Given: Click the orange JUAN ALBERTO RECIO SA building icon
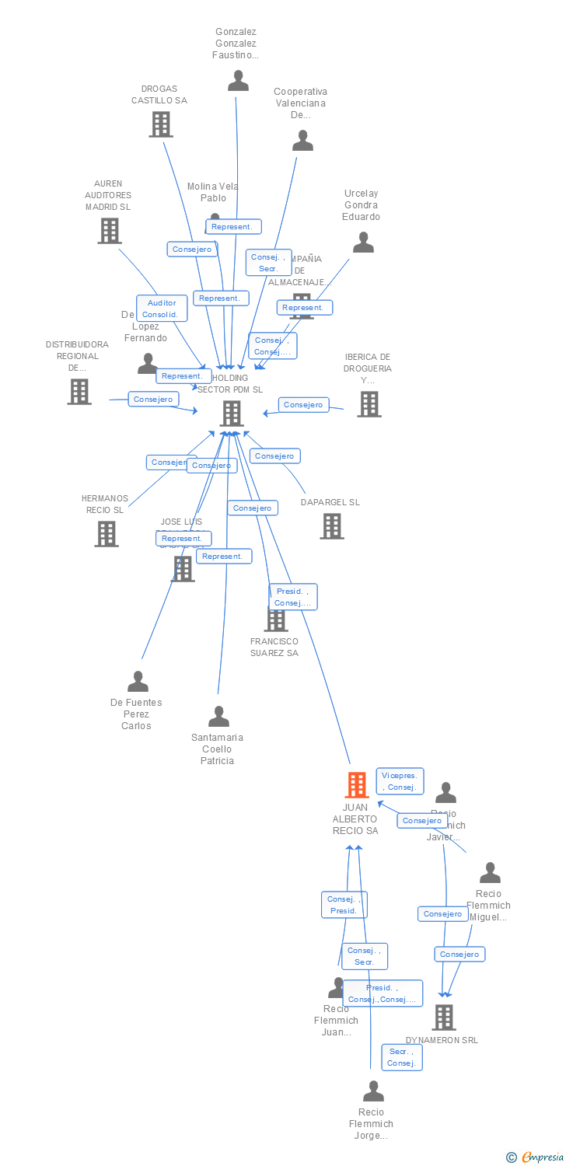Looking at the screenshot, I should [356, 785].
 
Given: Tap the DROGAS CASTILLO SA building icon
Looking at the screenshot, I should [161, 124].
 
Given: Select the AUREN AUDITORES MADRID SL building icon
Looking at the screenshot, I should [110, 231].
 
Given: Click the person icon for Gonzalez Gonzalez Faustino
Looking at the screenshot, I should [238, 81].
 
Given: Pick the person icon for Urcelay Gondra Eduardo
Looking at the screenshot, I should [363, 243].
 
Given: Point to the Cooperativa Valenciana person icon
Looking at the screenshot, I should [302, 141].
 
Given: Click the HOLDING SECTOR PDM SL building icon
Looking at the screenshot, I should [232, 414].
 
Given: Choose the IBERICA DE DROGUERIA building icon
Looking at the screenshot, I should [369, 404].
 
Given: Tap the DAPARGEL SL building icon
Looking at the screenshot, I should [332, 526].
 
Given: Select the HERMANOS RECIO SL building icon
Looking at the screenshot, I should [107, 534].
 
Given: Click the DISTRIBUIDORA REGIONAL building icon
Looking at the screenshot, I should [79, 392].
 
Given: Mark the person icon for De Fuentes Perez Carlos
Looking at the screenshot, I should [138, 682].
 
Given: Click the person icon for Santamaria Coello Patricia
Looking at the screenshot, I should [218, 717].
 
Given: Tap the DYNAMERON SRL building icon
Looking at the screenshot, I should [444, 1017].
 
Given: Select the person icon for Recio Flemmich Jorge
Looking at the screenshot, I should [373, 1091].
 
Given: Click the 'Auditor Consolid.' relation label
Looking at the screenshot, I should [162, 309].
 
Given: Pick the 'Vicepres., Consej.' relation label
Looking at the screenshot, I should [400, 781].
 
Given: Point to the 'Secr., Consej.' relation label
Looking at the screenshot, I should [402, 1057].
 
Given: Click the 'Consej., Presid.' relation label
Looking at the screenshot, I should [344, 905].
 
